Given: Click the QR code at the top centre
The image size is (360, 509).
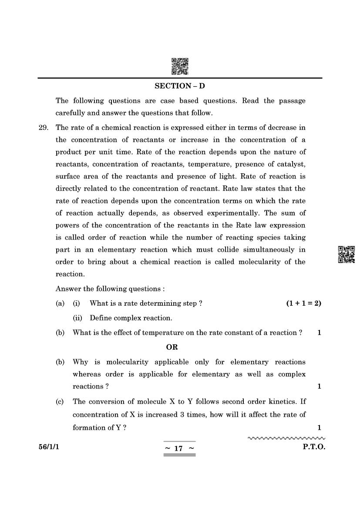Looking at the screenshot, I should pos(180,66).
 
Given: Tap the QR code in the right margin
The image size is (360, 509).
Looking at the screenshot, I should pos(347,255).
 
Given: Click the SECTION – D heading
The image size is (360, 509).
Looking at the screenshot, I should pos(179,86).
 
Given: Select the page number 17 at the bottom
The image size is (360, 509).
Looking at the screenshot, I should pos(179,448).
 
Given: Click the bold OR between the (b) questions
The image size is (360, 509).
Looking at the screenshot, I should pos(172,347).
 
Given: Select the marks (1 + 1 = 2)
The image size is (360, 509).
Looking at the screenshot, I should pos(303,303).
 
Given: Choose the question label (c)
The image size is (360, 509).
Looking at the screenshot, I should pos(60,401).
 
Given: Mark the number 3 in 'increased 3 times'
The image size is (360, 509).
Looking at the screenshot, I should pos(182,415).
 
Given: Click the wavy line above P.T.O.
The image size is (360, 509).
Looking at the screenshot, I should pos(286,438).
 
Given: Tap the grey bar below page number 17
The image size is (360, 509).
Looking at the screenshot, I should pos(179,455).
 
